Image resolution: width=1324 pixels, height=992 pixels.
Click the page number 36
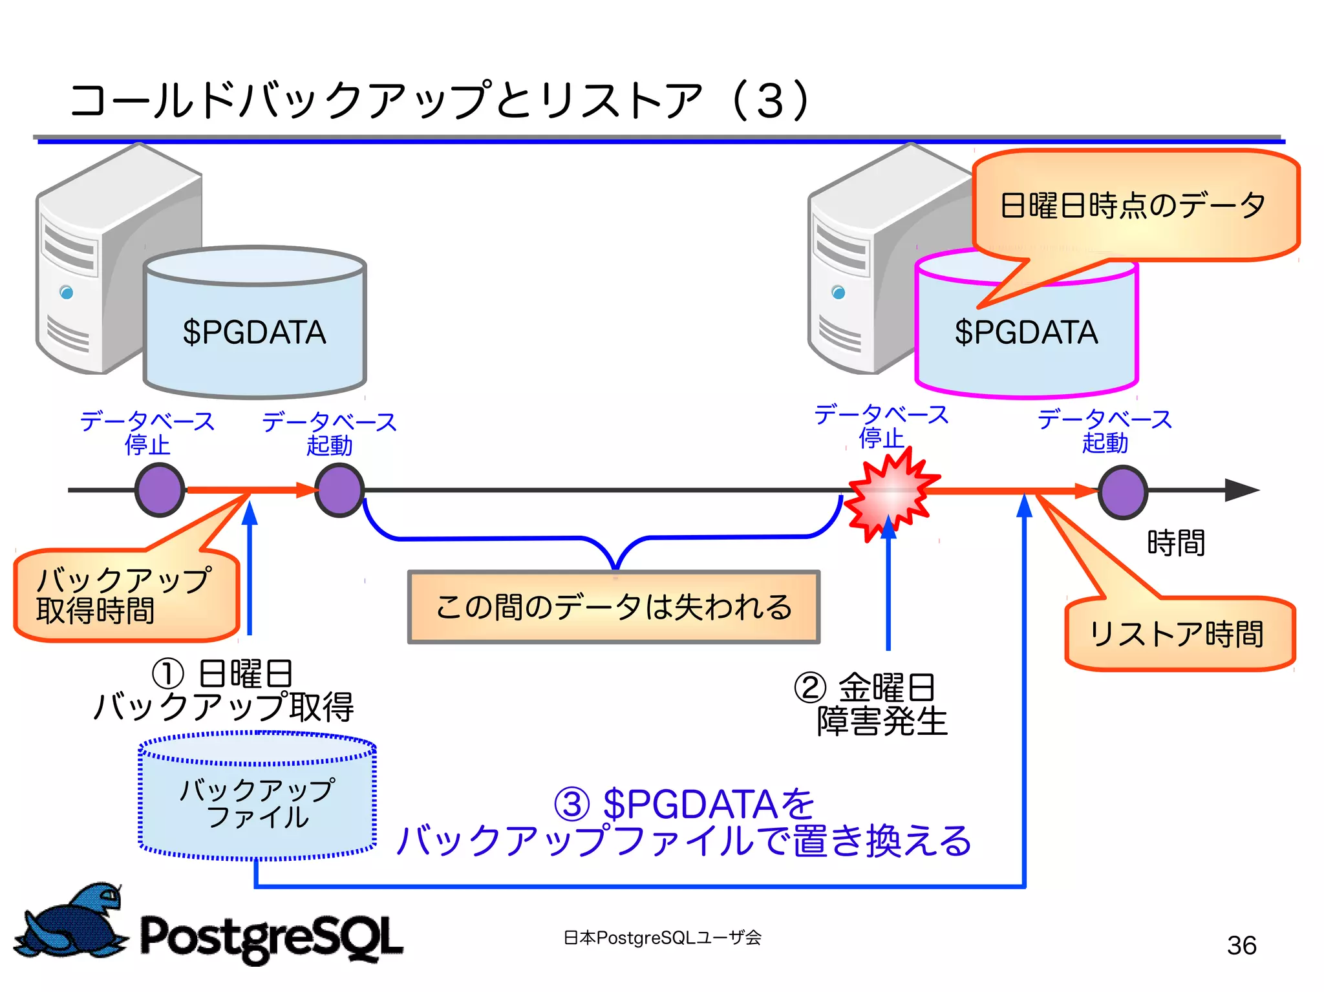click(x=1241, y=945)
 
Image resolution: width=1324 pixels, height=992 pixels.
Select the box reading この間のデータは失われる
click(x=614, y=607)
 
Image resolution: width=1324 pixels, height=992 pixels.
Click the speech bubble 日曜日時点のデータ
click(x=1135, y=206)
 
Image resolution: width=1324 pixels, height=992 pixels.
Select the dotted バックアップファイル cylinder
click(x=257, y=797)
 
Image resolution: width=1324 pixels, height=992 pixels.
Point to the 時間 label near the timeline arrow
click(x=1175, y=543)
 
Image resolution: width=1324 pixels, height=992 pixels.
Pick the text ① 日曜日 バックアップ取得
click(x=224, y=690)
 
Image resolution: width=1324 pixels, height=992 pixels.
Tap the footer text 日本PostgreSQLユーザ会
click(x=663, y=938)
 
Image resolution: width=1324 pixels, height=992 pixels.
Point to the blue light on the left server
click(x=67, y=293)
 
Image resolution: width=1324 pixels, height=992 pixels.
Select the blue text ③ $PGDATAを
click(x=685, y=803)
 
